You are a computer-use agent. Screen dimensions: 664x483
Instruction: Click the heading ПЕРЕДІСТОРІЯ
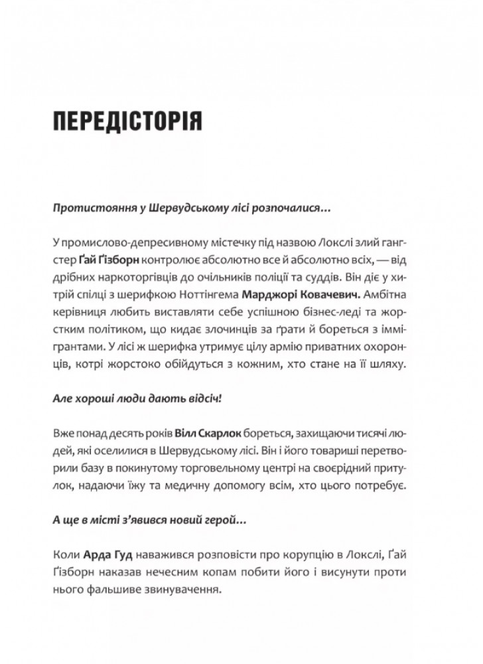(126, 124)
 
